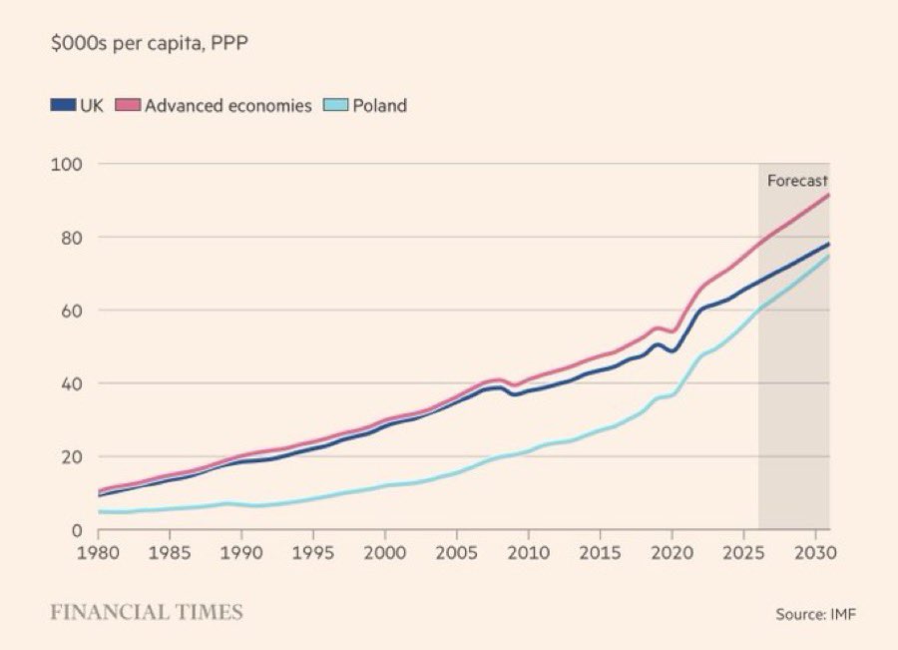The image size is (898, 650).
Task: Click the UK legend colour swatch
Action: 62,105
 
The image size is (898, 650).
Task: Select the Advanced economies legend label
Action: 227,105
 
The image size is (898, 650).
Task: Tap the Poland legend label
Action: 379,105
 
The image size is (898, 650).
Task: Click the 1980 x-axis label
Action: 99,551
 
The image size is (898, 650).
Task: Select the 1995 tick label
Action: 313,551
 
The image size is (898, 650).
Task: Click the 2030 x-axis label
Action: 814,551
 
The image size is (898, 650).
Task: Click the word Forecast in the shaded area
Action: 797,181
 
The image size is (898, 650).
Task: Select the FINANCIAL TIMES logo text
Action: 147,611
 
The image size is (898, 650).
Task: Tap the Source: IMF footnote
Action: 815,613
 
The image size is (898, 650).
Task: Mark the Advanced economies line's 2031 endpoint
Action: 828,195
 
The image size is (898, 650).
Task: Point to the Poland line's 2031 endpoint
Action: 828,257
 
